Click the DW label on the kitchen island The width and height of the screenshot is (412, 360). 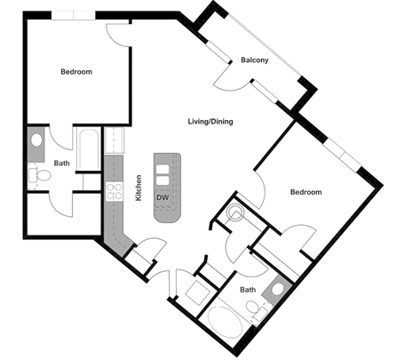tap(162, 196)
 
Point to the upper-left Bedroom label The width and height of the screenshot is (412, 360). tap(76, 72)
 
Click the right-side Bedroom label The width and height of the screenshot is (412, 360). tap(305, 192)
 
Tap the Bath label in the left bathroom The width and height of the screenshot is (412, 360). tap(61, 164)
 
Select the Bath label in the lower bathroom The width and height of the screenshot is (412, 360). tap(249, 290)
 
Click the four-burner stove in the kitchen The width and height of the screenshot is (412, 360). tap(114, 190)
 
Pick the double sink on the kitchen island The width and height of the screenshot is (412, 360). tap(164, 168)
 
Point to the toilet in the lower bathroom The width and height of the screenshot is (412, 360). tap(256, 310)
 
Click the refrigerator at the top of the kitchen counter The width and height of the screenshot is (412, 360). tap(114, 140)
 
